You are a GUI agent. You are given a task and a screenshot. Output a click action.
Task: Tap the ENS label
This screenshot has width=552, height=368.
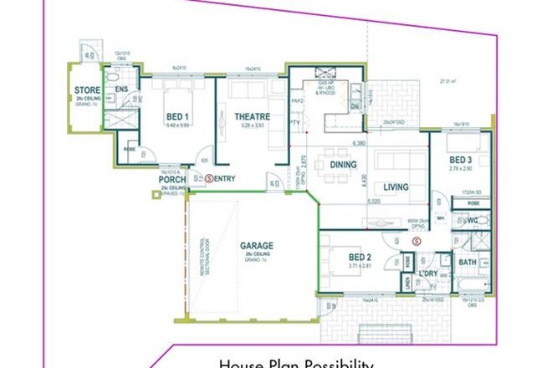pos(121,89)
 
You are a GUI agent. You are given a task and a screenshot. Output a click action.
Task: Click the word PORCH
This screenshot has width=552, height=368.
pos(172,178)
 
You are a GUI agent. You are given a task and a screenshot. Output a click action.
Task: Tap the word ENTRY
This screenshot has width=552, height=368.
pos(226,178)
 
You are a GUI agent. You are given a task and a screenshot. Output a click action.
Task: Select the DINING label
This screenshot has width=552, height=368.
pos(344,166)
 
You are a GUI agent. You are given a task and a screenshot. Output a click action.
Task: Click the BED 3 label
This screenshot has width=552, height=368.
pos(462,160)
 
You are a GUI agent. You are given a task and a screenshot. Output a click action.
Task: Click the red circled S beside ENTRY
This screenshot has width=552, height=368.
pos(208,178)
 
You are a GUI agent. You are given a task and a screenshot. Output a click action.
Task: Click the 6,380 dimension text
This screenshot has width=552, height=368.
pos(361,145)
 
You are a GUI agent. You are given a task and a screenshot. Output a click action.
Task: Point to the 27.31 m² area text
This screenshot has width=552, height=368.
pos(452,81)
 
